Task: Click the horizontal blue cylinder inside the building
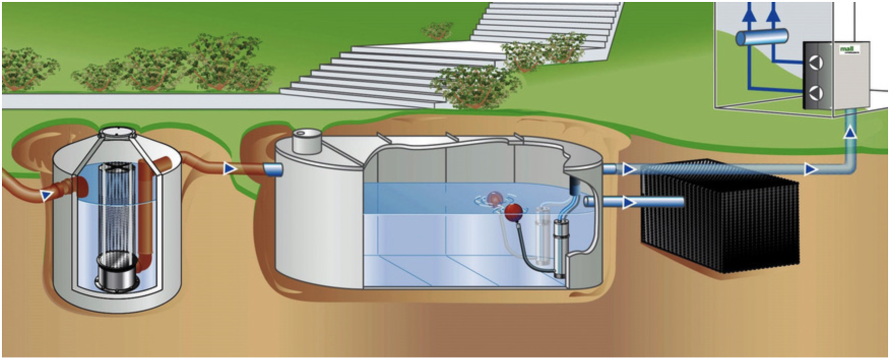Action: tap(762, 37)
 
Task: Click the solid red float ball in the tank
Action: tap(513, 210)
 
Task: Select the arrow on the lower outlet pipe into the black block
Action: tap(629, 203)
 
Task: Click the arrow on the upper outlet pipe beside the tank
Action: tap(629, 169)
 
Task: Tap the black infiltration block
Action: tap(723, 217)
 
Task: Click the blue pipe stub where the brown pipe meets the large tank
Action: tap(273, 170)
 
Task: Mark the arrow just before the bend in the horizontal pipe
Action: tap(810, 169)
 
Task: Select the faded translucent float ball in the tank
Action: tap(493, 198)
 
